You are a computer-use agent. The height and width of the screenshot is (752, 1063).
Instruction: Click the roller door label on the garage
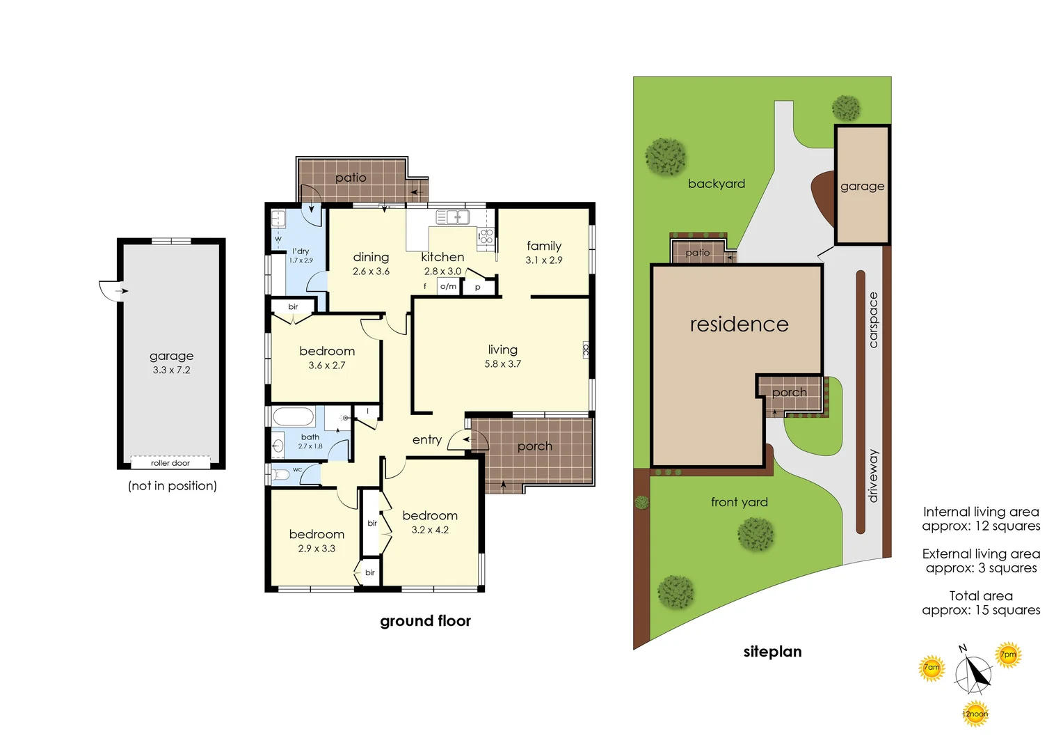tap(170, 463)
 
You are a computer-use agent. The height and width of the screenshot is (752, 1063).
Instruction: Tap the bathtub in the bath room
tap(294, 416)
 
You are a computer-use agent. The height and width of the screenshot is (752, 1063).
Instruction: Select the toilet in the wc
tap(280, 473)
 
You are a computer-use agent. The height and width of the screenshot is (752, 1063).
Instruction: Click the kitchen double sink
tap(453, 217)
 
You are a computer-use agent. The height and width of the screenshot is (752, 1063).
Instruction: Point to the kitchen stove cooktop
tap(486, 236)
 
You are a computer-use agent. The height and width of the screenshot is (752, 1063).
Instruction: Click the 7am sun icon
tap(932, 668)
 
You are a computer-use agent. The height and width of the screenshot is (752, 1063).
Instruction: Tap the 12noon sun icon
tap(975, 714)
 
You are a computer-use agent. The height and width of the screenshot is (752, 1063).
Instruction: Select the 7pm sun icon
tap(1008, 655)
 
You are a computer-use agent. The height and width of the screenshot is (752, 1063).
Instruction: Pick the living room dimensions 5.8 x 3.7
tap(502, 364)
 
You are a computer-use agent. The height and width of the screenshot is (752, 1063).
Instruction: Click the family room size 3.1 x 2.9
tap(544, 260)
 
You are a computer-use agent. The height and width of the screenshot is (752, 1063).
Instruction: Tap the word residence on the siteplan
tap(739, 324)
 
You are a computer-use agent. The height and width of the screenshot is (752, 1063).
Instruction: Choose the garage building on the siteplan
tap(862, 185)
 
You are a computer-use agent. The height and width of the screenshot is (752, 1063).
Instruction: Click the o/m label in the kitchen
tap(448, 286)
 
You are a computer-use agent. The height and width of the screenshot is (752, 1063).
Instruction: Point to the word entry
tap(427, 440)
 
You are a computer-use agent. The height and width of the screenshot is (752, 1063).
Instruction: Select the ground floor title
tap(425, 621)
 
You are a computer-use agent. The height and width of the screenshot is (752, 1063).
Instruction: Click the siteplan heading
tap(773, 652)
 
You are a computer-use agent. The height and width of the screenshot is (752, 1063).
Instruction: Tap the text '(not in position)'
tap(173, 485)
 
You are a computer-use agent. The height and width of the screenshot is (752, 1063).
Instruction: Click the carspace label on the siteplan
tap(873, 320)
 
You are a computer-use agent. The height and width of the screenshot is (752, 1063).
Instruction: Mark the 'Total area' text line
tap(981, 596)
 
